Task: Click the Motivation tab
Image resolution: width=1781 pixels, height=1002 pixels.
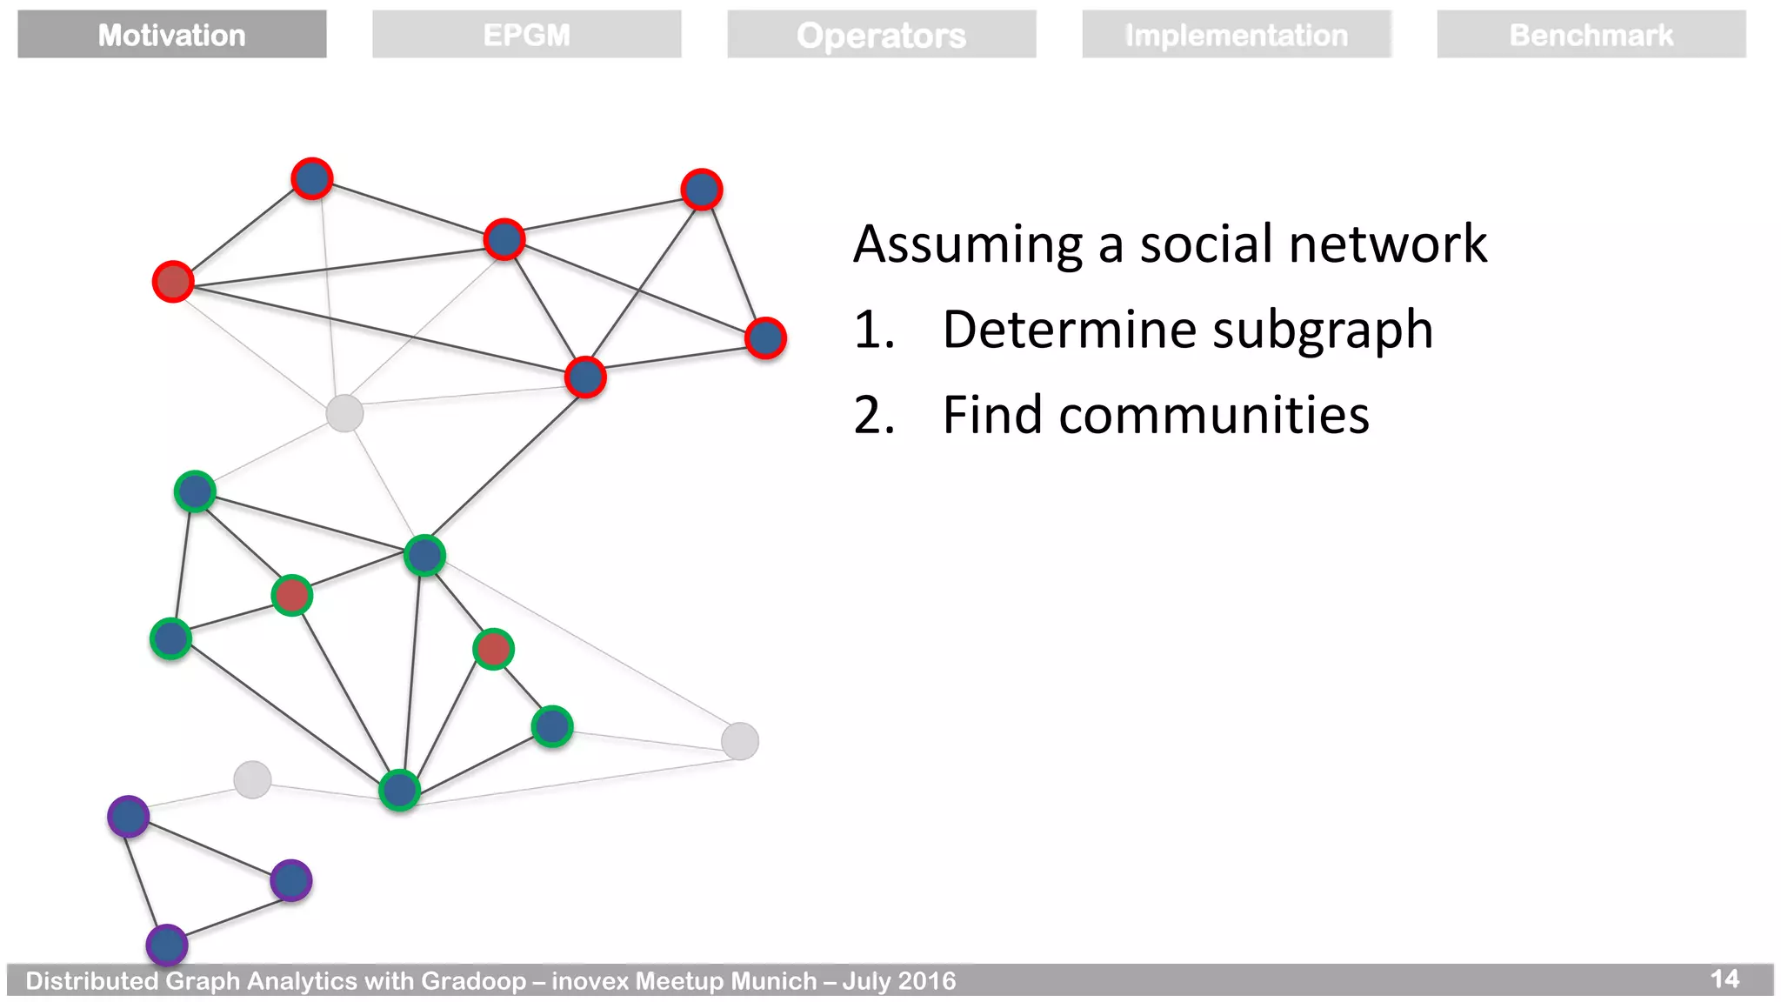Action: [172, 35]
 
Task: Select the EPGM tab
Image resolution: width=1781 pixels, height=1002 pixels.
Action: [527, 35]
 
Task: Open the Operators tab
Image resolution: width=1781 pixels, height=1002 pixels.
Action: [882, 35]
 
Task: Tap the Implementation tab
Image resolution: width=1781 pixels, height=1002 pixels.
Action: [1237, 35]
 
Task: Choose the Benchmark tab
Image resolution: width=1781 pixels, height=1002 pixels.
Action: [1591, 35]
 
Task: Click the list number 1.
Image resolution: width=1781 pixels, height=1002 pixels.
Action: [873, 330]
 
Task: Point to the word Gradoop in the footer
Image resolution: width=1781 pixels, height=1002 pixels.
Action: [474, 981]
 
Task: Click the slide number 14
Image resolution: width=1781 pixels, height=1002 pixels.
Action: [1724, 979]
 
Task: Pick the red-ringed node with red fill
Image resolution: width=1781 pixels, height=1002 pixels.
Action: [173, 282]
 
